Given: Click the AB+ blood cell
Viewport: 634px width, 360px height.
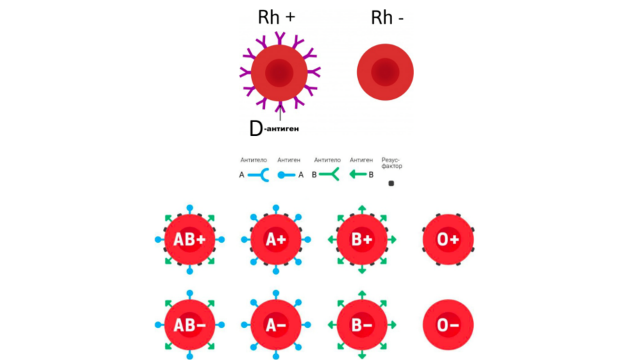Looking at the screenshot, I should (x=189, y=240).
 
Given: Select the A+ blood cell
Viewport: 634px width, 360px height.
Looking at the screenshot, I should (x=275, y=240).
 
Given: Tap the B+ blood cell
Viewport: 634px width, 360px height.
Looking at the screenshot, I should (x=361, y=240).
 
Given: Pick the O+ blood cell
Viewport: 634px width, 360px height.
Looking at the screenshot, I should (x=447, y=240).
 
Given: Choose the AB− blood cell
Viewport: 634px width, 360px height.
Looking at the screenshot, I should (x=189, y=325).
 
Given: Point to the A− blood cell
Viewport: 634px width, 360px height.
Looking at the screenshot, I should (x=275, y=325).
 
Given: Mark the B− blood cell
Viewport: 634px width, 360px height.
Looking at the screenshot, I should (x=361, y=325).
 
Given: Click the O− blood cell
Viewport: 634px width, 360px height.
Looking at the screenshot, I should (x=447, y=325).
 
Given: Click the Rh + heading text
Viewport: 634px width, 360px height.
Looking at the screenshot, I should (x=276, y=17).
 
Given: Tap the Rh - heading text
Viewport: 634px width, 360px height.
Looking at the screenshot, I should (x=387, y=17).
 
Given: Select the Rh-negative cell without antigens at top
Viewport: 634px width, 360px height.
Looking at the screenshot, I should (x=385, y=72).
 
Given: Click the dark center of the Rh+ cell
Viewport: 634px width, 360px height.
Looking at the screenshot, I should (x=279, y=72).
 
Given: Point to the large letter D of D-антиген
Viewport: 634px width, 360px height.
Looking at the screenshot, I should (x=255, y=128).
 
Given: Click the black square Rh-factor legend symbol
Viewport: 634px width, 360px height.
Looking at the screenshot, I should (x=391, y=184).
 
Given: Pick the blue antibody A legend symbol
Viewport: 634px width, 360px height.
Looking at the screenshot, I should (x=258, y=175).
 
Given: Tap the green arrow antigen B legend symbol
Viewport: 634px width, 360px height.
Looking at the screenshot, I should (x=358, y=175).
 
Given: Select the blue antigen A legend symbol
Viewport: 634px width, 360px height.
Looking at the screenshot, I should (x=286, y=175).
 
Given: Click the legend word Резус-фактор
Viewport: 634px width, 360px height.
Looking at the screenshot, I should (x=392, y=163).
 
